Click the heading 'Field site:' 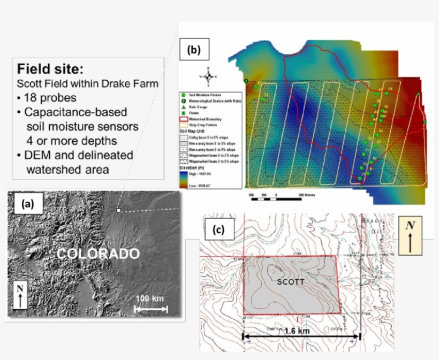[x=50, y=69]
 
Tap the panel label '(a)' [x=26, y=204]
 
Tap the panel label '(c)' [x=218, y=231]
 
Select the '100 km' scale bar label [x=150, y=297]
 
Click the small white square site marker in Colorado [x=118, y=211]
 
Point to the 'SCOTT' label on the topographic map [x=291, y=281]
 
